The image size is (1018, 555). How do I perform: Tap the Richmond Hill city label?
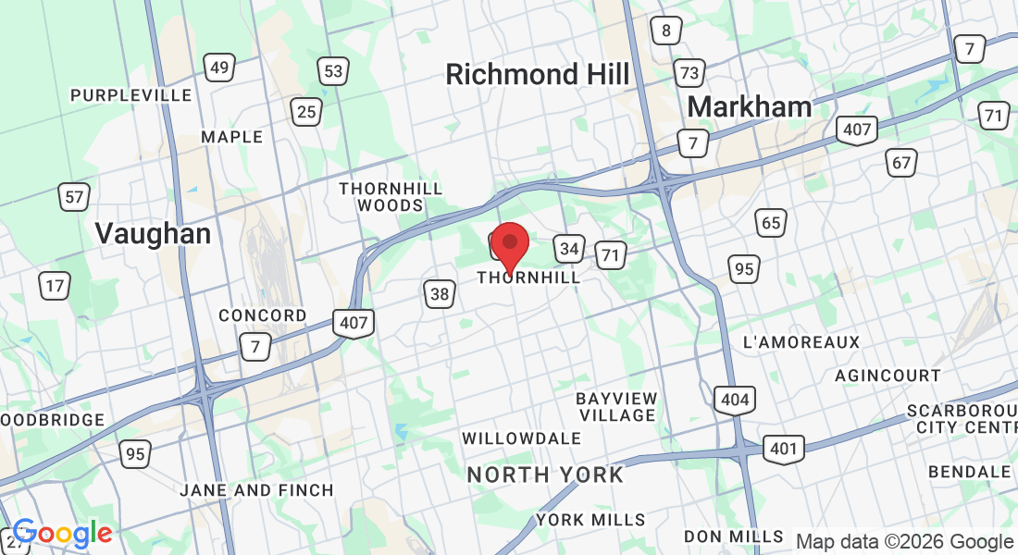pos(538,74)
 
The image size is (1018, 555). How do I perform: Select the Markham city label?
pos(750,106)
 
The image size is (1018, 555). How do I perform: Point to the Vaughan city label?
pos(154,234)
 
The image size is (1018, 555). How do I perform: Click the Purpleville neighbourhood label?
pos(131,95)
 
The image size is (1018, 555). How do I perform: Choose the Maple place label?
pos(232,137)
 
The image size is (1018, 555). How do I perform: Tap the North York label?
pos(545,475)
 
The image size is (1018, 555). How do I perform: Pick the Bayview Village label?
pos(616,407)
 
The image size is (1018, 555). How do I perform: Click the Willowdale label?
pos(521,438)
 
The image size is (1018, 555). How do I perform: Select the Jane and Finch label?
pos(256,490)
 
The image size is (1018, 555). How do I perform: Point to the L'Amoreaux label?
pos(801,342)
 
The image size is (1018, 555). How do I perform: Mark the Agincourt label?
pos(888,376)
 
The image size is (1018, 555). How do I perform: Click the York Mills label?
pos(590,520)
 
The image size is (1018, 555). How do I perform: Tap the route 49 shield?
pos(219,68)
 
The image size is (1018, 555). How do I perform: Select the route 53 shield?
pos(333,70)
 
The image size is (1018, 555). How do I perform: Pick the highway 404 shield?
pos(734,400)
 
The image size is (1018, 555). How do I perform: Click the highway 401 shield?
pos(783,450)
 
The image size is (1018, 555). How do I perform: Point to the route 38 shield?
pos(441,294)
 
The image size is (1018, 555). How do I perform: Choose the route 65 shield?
pos(770,222)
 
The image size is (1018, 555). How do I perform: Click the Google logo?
pos(62,533)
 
